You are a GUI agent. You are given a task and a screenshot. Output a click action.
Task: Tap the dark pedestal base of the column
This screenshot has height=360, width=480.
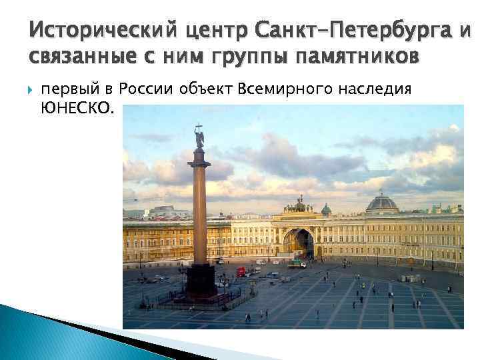[201, 281]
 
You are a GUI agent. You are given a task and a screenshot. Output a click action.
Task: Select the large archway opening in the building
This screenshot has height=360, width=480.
[298, 243]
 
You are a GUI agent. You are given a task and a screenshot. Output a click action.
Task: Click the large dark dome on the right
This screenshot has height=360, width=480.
[382, 202]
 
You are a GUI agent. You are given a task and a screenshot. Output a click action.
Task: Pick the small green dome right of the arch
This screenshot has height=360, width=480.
[326, 210]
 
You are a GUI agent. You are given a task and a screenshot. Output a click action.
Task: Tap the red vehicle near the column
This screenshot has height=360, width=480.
[241, 271]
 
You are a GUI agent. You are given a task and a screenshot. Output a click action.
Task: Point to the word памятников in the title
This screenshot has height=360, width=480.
[361, 57]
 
